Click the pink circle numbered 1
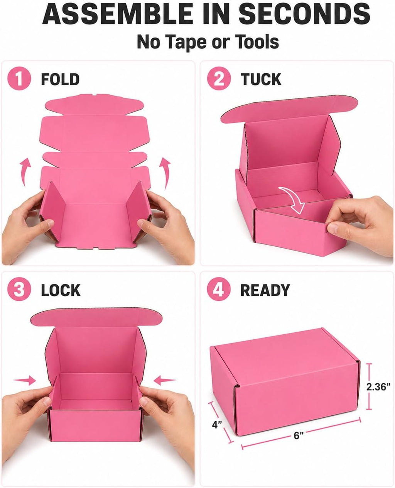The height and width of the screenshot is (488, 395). coord(19,78)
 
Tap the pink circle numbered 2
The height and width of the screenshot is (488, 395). coord(219,78)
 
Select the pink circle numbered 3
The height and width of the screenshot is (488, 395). coord(19,289)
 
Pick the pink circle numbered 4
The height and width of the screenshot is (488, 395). coord(218,289)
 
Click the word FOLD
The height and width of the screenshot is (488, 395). coord(60,79)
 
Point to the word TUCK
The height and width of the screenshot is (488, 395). coord(261,79)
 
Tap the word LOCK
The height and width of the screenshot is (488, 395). coord(61,290)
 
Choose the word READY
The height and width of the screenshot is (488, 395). coord(265,290)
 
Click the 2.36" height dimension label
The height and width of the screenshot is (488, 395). coord(378,387)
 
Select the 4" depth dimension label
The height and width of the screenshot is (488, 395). coord(217,425)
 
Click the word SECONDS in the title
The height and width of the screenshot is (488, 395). coord(304,14)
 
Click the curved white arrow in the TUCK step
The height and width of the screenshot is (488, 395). coord(294,200)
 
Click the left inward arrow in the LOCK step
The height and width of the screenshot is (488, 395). coord(25,381)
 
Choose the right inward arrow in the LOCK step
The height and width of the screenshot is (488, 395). coord(164,381)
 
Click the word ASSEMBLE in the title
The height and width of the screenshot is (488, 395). coord(117,14)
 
